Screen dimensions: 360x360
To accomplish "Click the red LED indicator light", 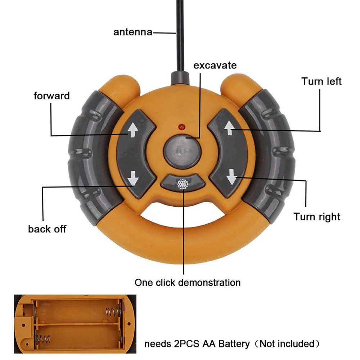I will point(181,127).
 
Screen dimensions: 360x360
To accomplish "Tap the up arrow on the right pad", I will point(229,128).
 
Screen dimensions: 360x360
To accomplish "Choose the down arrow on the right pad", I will point(231,178).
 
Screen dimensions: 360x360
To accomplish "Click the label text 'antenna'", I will point(133,32).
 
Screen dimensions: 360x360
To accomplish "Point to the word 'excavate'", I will point(215,65).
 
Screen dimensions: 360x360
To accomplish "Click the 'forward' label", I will point(51,96).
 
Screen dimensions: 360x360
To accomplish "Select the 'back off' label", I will point(47,229).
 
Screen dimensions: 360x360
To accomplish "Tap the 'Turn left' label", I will point(321,81).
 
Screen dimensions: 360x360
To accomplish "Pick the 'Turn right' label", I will point(316,217).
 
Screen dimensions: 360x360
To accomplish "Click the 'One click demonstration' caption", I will point(187,283).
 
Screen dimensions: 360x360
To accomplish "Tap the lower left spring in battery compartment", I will point(44,339).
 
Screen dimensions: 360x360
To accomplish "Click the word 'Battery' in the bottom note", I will point(234,344).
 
